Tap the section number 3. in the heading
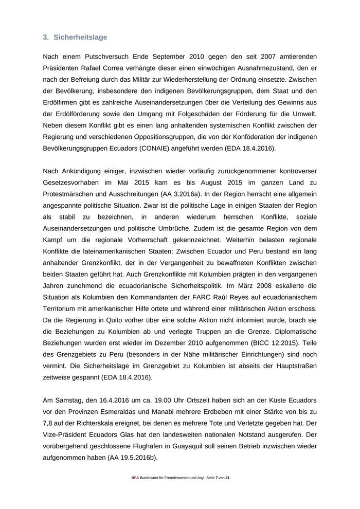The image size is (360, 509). tap(46, 37)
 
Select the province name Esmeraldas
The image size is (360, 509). tap(117, 411)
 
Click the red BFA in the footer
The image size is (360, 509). tap(135, 478)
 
